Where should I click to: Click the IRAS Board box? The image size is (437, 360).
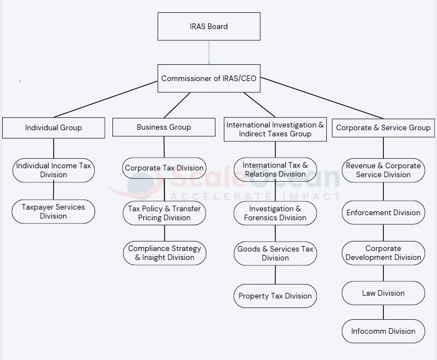209,26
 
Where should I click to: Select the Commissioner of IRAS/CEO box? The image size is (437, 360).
209,78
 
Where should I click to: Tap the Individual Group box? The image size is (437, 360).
53,127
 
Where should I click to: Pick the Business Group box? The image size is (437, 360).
163,127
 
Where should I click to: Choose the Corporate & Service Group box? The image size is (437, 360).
383,127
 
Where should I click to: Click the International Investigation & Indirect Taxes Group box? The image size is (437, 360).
275,129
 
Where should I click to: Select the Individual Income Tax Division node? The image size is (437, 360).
53,170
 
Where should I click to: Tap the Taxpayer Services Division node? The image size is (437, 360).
53,211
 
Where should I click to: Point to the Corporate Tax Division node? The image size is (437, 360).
164,168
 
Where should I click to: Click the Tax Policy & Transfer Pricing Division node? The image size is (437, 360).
164,213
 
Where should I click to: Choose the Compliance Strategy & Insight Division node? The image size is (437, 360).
164,253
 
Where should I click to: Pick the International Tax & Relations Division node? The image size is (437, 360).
275,169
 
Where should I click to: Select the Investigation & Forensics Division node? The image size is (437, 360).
275,213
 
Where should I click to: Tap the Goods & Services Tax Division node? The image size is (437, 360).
275,253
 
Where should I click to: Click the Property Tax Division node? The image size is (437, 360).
275,296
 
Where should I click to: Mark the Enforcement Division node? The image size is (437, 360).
383,212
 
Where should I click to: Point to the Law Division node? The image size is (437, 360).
383,293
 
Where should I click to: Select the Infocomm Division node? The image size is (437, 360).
383,331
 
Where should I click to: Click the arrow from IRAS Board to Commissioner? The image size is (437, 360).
209,53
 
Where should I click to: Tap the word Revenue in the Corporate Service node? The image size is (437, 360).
360,165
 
